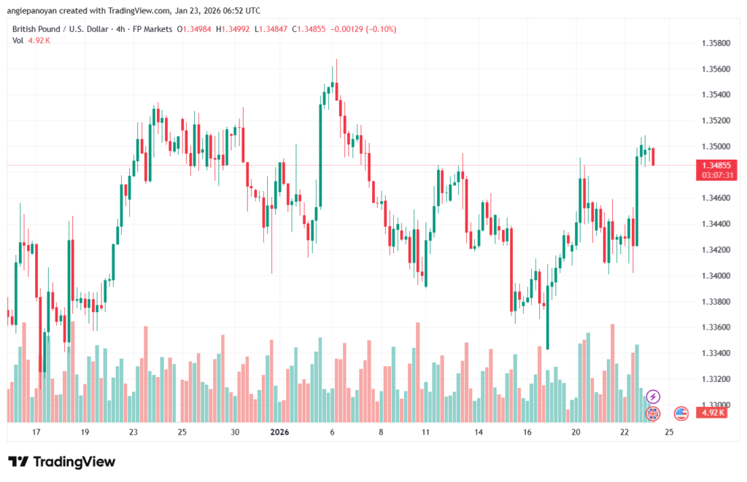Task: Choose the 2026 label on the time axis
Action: (x=279, y=432)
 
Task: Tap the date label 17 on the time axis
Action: (x=36, y=432)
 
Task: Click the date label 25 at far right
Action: (x=670, y=432)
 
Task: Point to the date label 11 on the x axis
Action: (x=425, y=432)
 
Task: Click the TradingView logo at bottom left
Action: (x=61, y=462)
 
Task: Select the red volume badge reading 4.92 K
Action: (x=711, y=413)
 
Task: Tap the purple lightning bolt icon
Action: (x=653, y=397)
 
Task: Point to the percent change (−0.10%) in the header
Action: (x=373, y=29)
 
